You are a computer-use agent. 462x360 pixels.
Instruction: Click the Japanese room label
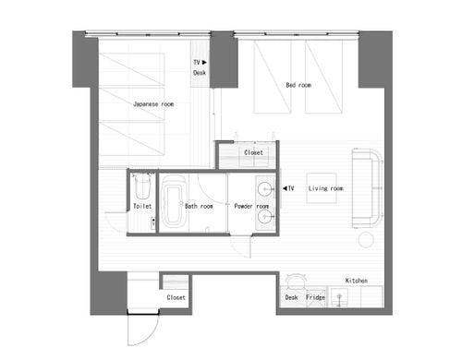[153, 104]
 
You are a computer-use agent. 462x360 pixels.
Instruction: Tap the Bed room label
[298, 85]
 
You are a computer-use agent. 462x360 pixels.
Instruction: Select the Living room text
[325, 188]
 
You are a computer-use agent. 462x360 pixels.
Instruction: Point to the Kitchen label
[357, 281]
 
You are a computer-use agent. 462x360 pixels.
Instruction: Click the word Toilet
[142, 206]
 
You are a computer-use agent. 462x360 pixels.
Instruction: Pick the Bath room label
[199, 206]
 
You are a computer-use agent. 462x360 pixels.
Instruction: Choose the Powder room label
[251, 206]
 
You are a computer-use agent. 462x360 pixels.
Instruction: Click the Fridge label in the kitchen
[315, 297]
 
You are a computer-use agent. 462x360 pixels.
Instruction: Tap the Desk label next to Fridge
[291, 297]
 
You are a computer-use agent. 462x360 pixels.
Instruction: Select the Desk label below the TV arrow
[200, 73]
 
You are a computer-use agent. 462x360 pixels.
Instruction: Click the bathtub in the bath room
[174, 201]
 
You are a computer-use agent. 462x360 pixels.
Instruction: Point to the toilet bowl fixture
[142, 186]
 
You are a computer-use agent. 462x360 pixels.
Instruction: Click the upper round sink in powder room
[264, 188]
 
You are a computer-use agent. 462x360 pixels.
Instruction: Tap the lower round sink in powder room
[264, 217]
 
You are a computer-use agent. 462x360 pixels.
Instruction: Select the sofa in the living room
[367, 188]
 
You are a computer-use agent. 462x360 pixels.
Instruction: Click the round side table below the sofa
[367, 240]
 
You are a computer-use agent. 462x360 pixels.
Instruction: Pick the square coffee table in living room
[322, 188]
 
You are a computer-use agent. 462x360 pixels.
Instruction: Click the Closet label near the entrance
[176, 297]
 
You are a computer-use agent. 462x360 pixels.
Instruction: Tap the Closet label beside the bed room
[253, 152]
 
